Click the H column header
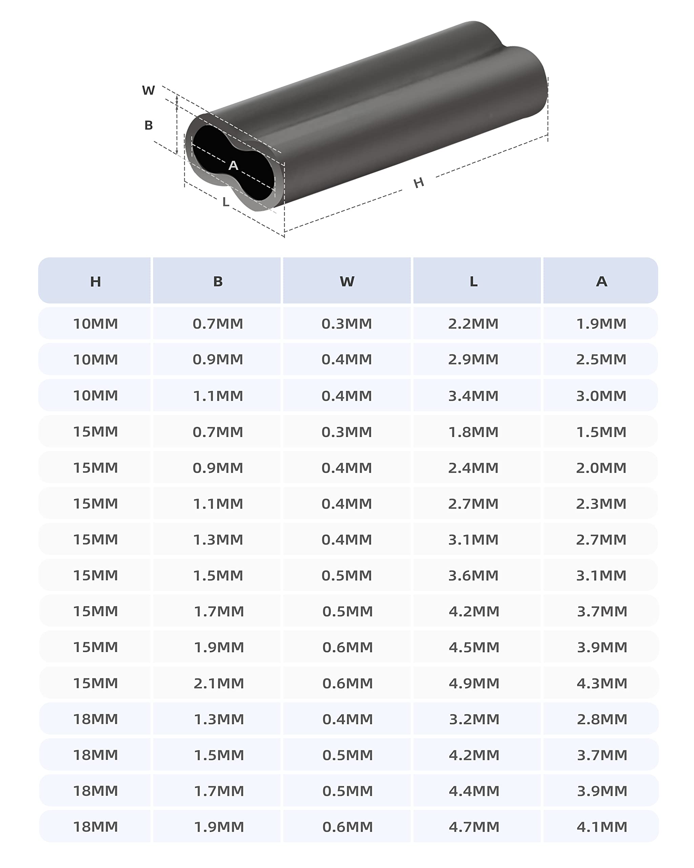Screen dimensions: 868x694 click(95, 281)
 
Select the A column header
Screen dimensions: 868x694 click(601, 281)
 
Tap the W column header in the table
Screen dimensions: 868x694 click(347, 281)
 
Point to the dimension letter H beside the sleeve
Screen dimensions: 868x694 click(419, 183)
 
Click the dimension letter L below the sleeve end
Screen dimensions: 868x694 click(226, 202)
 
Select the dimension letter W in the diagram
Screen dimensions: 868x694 click(148, 90)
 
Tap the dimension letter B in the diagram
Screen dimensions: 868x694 click(148, 125)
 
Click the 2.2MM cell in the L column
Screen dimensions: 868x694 click(473, 324)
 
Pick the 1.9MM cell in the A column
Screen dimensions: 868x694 click(601, 324)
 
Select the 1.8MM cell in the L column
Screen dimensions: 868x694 click(473, 432)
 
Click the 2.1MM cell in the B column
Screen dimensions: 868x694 click(219, 683)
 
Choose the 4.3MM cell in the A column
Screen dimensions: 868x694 click(602, 683)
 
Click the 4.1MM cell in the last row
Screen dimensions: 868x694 click(602, 827)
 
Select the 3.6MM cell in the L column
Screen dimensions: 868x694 click(473, 576)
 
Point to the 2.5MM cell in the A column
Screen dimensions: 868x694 click(601, 359)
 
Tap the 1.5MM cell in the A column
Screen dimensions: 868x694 click(601, 432)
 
